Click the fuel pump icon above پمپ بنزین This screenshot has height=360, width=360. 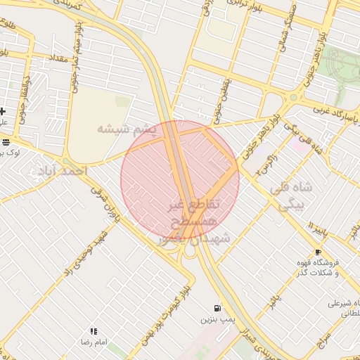click(218, 308)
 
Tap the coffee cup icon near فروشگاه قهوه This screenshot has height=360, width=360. click(318, 252)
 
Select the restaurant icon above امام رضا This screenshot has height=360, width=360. click(94, 331)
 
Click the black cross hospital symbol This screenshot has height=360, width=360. click(3, 111)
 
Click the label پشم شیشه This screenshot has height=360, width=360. click(125, 129)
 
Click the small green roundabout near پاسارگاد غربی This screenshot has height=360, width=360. click(293, 98)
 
